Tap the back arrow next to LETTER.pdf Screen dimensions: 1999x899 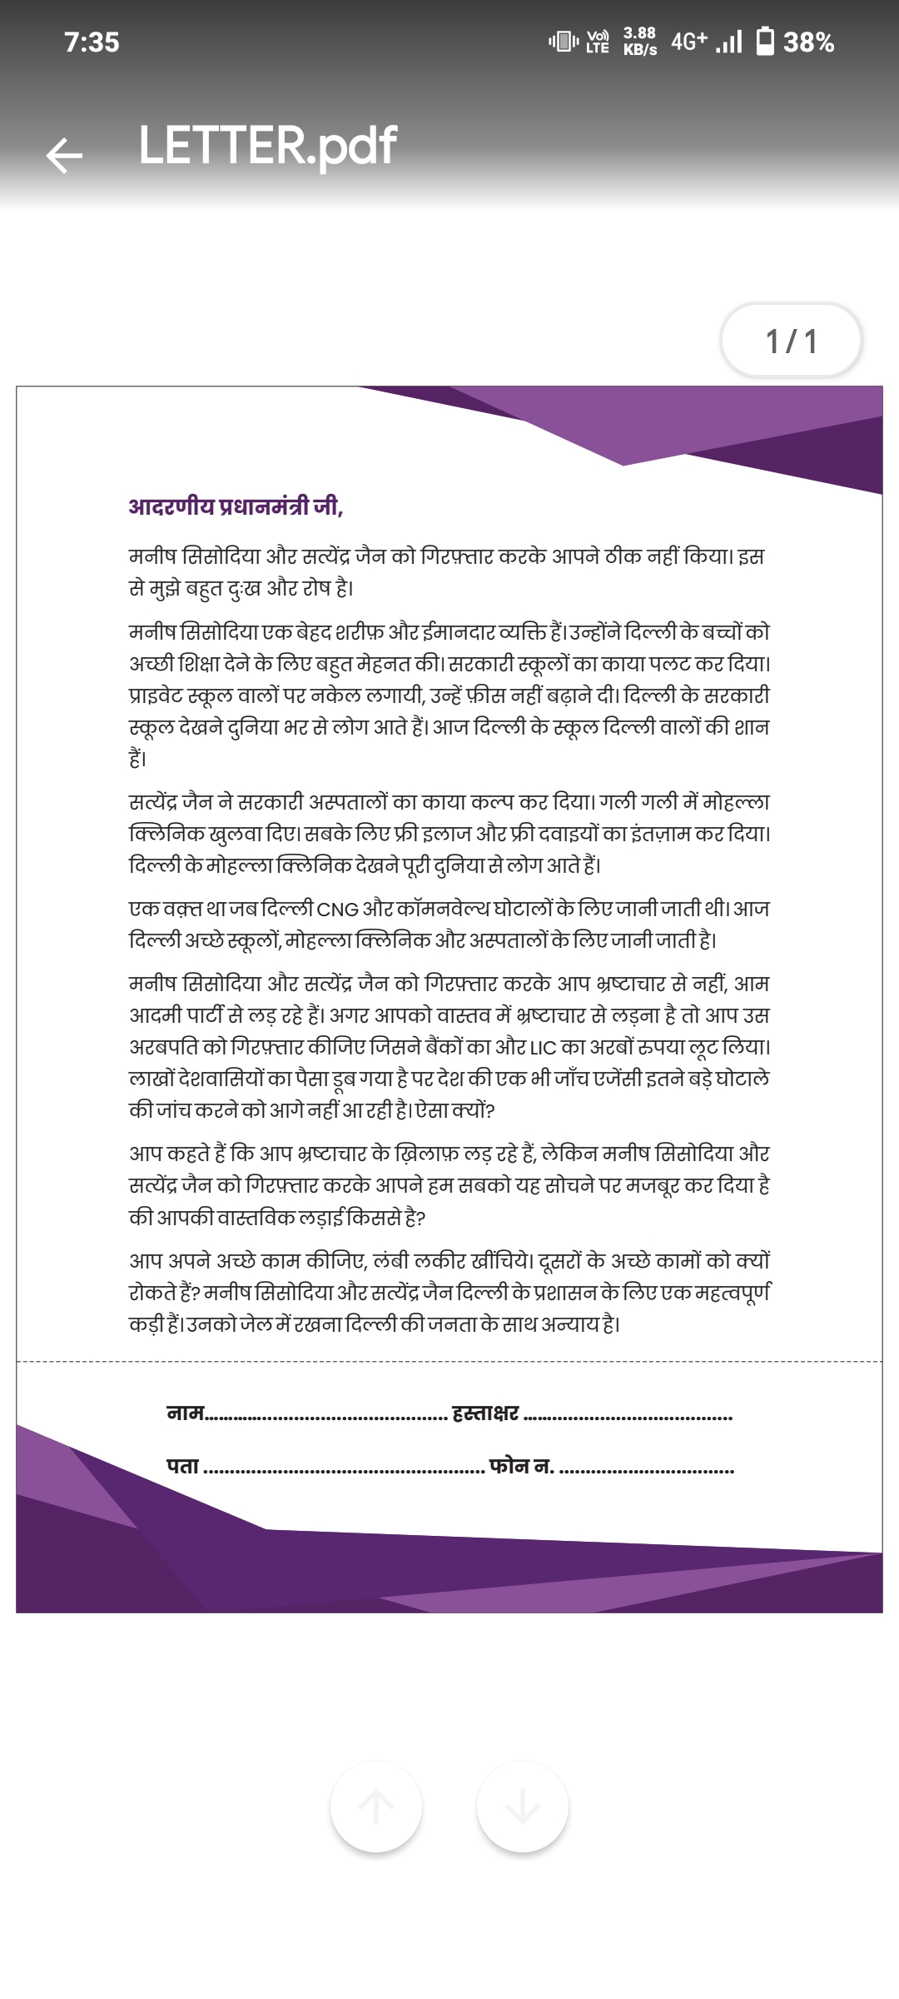(x=64, y=155)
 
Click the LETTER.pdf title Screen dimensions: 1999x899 (x=267, y=147)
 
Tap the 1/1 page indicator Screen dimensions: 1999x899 (x=791, y=341)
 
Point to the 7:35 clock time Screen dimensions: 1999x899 (x=92, y=42)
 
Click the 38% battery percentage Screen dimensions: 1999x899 (x=808, y=42)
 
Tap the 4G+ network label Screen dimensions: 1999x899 (x=688, y=42)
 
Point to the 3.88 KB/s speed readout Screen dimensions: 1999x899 (x=639, y=41)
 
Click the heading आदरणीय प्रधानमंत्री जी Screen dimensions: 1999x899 (x=236, y=506)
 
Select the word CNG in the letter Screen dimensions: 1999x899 (x=337, y=909)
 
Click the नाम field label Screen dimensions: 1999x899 (x=185, y=1413)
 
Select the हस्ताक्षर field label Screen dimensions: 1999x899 (x=484, y=1413)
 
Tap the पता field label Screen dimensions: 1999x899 (x=182, y=1466)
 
